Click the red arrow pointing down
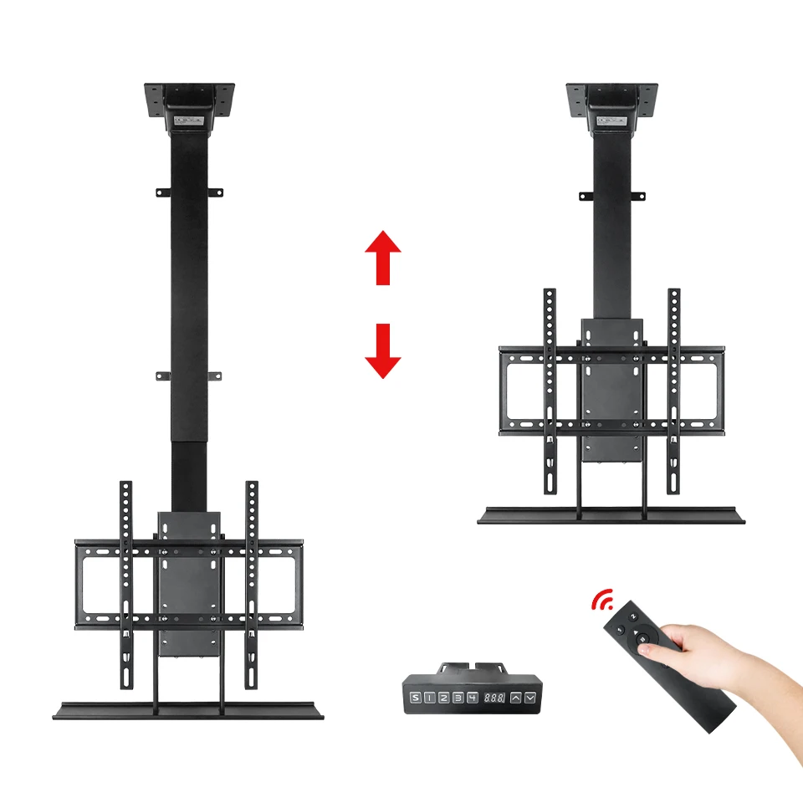tap(383, 350)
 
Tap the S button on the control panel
tap(416, 698)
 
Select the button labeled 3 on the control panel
tap(458, 698)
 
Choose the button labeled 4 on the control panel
tap(473, 698)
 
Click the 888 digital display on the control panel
tap(494, 698)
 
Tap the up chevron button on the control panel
tap(516, 698)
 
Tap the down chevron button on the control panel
tap(530, 698)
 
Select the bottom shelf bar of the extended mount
tap(184, 710)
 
